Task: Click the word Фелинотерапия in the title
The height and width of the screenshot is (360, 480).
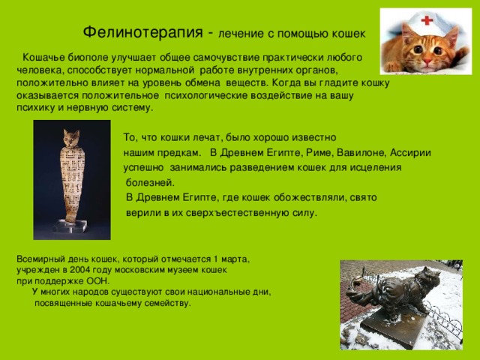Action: coord(143,31)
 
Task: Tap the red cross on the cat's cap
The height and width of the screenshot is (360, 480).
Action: coord(427,20)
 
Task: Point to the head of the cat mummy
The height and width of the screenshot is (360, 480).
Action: coord(71,138)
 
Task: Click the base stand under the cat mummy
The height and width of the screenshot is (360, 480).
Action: coord(70,226)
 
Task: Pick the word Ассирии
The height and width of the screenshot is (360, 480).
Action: coord(410,152)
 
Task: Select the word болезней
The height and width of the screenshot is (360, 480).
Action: coord(150,183)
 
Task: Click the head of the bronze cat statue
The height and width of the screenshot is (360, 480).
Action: coord(428,277)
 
